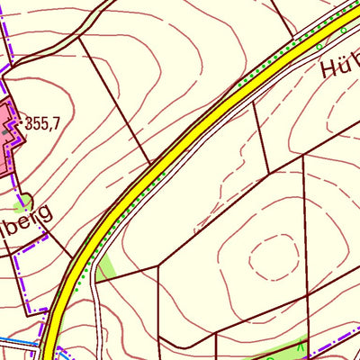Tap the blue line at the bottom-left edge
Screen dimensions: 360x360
pos(18,343)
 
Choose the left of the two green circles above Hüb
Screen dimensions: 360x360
pos(319,46)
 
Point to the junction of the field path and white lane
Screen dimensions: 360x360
pos(97,280)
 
